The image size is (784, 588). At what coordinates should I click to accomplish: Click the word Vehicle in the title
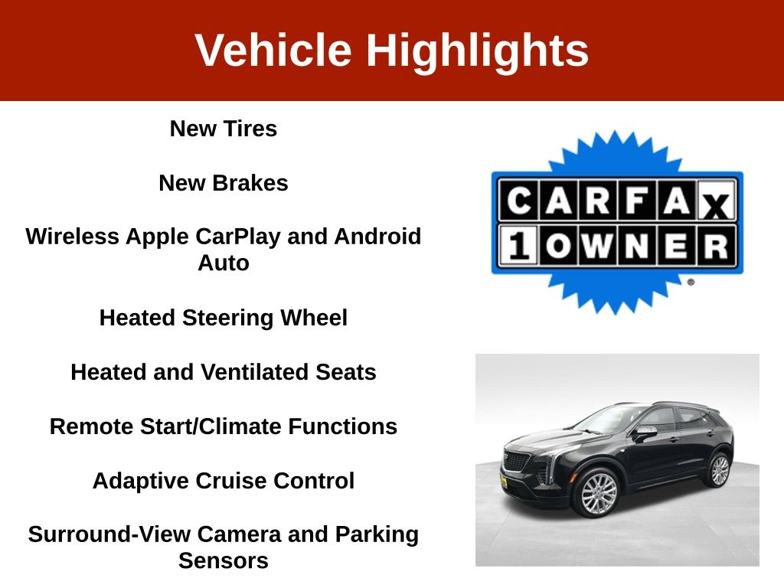(x=273, y=50)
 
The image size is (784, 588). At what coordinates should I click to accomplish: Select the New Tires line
(x=224, y=129)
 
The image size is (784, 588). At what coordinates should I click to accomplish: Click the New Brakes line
(x=224, y=183)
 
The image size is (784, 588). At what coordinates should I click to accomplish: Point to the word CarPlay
(x=238, y=237)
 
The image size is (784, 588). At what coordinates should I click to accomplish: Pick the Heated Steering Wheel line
(x=224, y=318)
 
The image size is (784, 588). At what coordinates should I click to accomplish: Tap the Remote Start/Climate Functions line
(x=224, y=426)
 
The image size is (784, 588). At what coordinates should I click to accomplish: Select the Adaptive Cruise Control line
(x=224, y=481)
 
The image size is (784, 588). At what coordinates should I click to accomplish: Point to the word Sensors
(x=224, y=561)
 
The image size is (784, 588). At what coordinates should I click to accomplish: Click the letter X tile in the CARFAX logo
(x=717, y=201)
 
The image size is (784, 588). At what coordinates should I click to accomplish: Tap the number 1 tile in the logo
(x=518, y=246)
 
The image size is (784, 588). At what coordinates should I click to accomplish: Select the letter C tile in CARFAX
(x=518, y=201)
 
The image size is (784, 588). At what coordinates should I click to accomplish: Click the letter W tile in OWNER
(x=597, y=246)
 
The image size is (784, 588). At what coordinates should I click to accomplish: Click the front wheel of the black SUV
(x=599, y=494)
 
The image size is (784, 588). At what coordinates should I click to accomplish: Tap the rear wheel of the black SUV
(x=720, y=470)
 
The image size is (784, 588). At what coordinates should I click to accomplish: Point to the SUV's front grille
(x=517, y=461)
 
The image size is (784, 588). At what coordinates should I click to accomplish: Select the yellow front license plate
(x=504, y=482)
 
